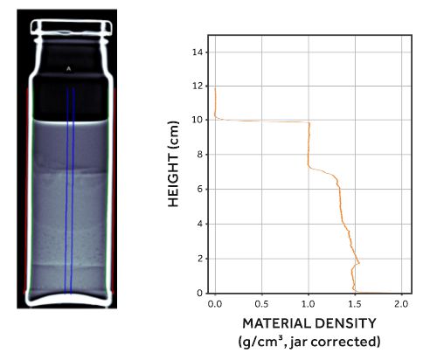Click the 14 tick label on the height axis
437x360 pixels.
coord(198,52)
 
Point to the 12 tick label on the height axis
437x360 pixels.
coord(198,87)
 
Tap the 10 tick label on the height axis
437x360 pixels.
coord(198,120)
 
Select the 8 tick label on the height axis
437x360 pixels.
coord(200,155)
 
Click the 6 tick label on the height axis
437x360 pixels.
coord(200,189)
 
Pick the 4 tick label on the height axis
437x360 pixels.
coord(200,224)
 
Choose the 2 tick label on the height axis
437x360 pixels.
coord(200,259)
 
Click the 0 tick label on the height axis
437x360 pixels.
coord(200,293)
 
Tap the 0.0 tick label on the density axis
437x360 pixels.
coord(215,304)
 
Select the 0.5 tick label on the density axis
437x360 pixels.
coord(261,304)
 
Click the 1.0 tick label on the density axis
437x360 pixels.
coord(309,304)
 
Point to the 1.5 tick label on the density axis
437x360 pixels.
coord(355,304)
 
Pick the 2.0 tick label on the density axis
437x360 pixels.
coord(401,304)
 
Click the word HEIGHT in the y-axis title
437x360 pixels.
coord(173,180)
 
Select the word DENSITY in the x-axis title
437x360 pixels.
coord(341,323)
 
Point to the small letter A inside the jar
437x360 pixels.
coord(68,69)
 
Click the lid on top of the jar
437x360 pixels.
coord(72,28)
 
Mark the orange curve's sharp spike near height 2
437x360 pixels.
coord(358,263)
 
